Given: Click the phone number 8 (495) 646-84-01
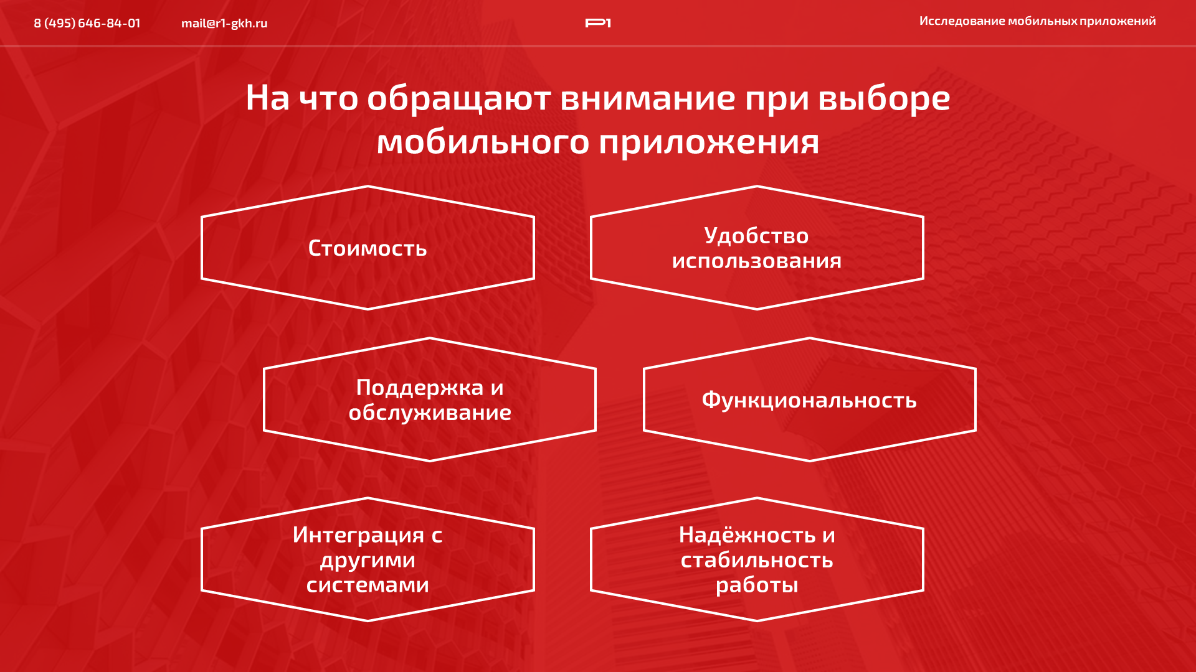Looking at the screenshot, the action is click(x=87, y=23).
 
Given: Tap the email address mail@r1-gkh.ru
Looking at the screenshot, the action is click(x=224, y=23).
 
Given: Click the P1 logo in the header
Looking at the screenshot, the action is click(x=598, y=23).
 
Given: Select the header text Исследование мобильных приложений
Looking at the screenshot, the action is click(x=1037, y=21).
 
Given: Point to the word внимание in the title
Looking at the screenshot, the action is click(x=648, y=98).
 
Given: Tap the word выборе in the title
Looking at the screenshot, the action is click(x=884, y=98).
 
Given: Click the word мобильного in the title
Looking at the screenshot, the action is click(x=483, y=142).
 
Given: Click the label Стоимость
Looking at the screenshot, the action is click(x=368, y=248).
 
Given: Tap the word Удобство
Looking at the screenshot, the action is click(x=756, y=236).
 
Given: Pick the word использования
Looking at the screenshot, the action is click(x=757, y=261).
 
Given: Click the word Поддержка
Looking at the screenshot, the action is click(x=420, y=388).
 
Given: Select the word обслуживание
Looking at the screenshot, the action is click(x=430, y=413).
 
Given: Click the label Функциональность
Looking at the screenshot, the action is click(x=809, y=400).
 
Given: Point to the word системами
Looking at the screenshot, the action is click(x=368, y=585).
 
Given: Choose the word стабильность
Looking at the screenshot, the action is click(x=757, y=560).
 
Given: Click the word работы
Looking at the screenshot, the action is click(x=757, y=585).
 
